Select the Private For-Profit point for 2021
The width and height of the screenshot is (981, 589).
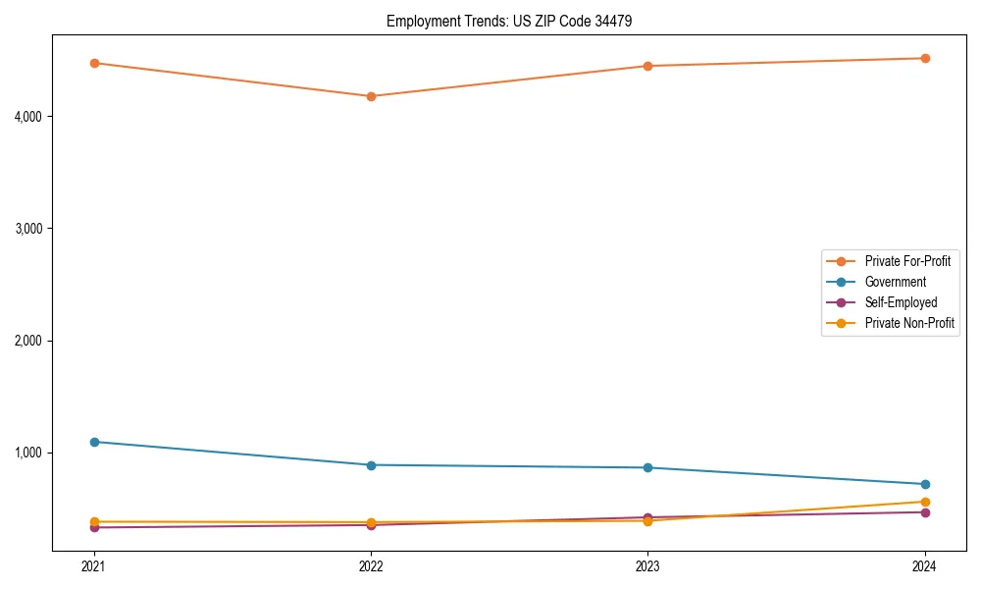click(94, 63)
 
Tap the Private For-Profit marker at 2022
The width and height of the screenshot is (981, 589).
click(371, 96)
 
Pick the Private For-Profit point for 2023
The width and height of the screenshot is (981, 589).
click(647, 66)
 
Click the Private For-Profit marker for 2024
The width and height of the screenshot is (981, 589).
click(925, 58)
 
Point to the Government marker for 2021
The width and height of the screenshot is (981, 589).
click(94, 442)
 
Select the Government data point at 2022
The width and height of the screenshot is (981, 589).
click(371, 465)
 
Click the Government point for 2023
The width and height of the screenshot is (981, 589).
click(647, 467)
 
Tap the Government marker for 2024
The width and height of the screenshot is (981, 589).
click(925, 484)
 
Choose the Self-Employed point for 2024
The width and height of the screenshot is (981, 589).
click(925, 512)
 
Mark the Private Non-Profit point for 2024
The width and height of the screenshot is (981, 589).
click(925, 502)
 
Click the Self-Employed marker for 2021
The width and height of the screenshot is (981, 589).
click(94, 528)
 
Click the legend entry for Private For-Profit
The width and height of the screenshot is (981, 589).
click(906, 261)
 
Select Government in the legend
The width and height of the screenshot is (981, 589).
click(895, 282)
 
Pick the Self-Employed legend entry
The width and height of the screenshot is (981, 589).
click(901, 302)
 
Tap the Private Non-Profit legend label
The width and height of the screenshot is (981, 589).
click(909, 323)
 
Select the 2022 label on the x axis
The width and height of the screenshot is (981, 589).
click(371, 566)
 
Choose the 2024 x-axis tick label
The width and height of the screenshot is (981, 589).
click(925, 566)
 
